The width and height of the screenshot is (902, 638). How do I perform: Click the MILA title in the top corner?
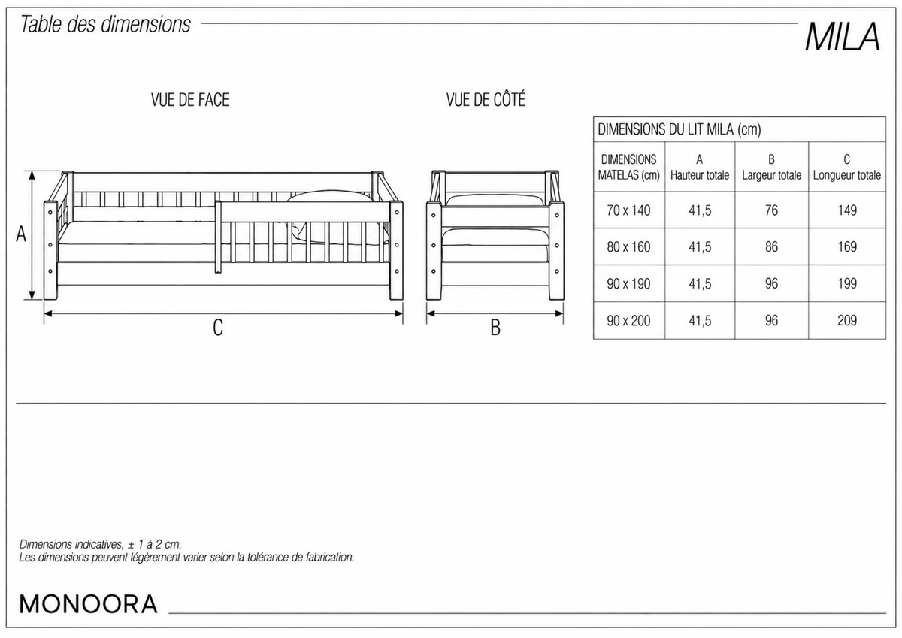843,37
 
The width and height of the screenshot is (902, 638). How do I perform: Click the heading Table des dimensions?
105,24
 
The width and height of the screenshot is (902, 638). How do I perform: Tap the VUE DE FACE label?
190,100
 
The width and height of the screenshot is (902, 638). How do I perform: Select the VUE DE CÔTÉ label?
486,99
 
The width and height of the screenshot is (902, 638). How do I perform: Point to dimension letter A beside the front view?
21,234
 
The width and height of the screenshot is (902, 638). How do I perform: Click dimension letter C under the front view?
218,328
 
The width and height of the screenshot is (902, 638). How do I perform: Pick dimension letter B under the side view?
495,328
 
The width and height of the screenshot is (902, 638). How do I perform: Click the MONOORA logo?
88,604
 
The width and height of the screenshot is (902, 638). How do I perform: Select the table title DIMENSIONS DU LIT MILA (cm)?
680,129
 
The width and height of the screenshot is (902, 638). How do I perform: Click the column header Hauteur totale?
700,175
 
